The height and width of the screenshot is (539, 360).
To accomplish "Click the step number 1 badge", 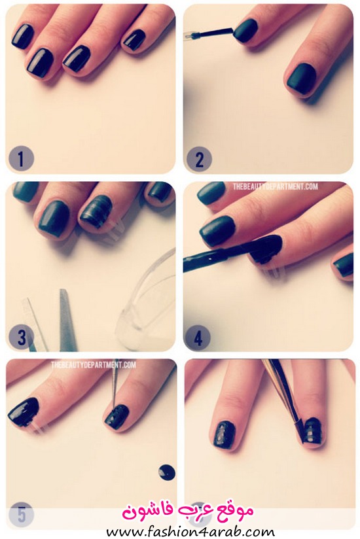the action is coord(21,159).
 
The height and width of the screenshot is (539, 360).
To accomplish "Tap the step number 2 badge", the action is coord(199,159).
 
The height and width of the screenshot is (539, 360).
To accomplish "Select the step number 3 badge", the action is coord(22,338).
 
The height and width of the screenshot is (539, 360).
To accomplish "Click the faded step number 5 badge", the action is coord(21,515).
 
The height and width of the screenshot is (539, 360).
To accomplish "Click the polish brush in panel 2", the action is coord(209,33).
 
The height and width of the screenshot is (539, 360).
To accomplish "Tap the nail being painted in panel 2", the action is coord(247,31).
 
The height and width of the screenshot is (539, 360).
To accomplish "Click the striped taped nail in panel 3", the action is coord(96,211).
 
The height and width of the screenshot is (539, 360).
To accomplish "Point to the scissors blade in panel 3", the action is coord(67,320).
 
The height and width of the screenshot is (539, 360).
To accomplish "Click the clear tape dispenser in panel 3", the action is coord(146,302).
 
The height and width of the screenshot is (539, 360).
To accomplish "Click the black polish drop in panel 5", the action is coord(167,472).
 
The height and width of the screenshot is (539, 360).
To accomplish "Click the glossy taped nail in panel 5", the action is coord(24,412).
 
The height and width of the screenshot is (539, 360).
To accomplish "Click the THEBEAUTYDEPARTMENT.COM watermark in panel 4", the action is coord(275,186).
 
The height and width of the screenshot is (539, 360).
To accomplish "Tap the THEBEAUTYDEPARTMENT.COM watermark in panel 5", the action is coord(94,365).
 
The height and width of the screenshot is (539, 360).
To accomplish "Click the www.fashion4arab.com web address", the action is coord(190,532).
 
